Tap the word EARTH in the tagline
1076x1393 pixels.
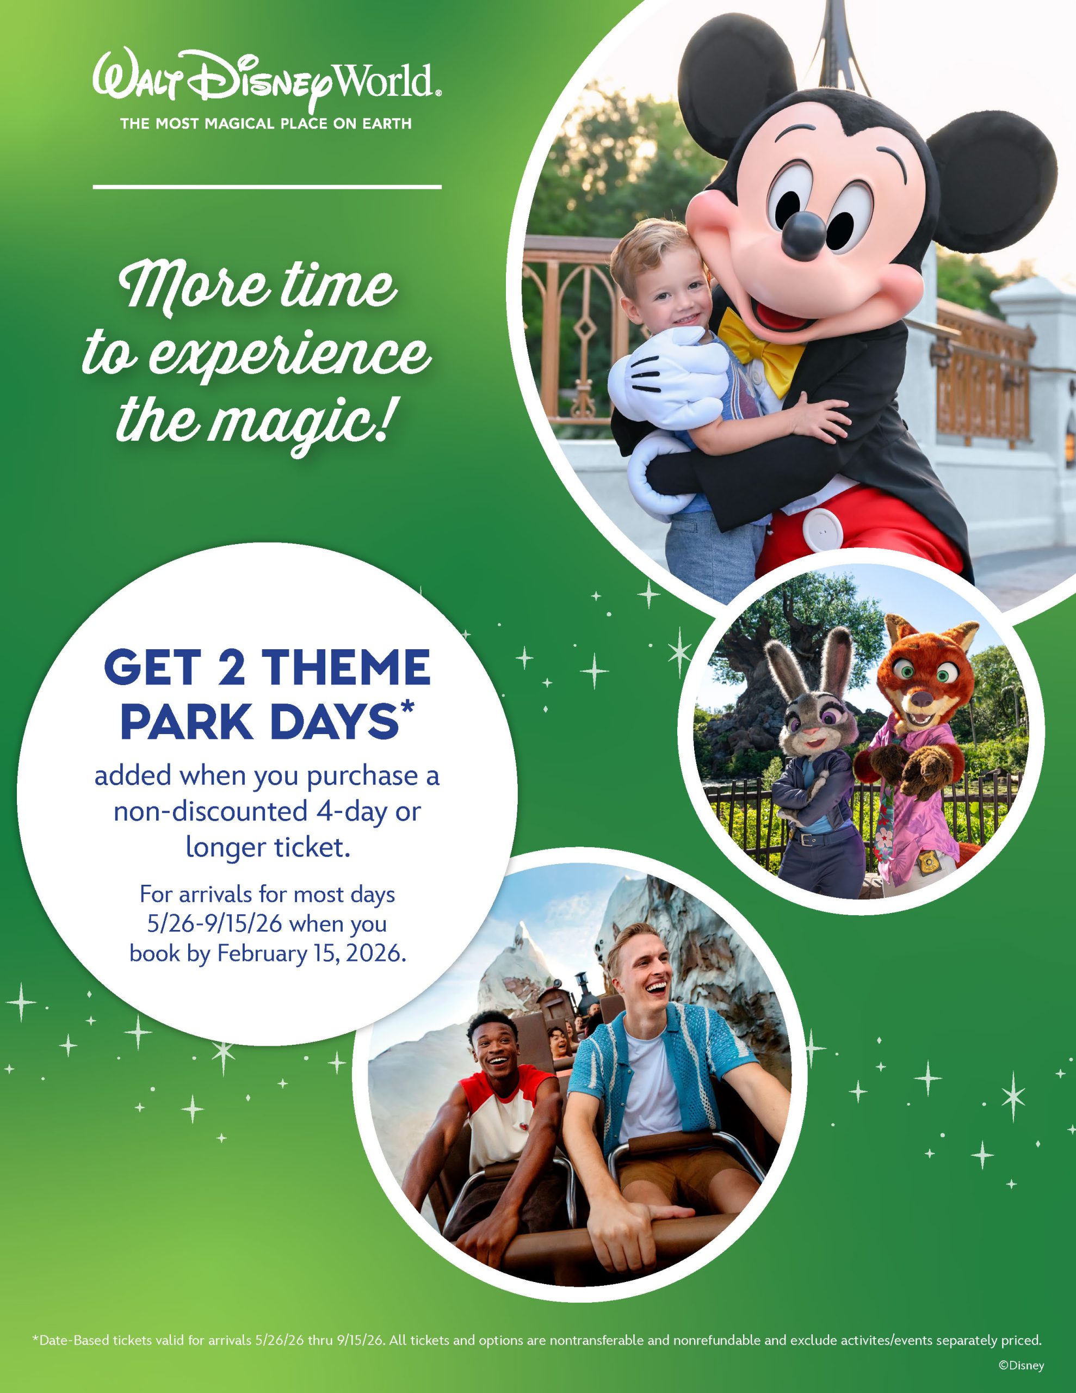tap(387, 124)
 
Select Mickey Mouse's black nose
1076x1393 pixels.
tap(803, 234)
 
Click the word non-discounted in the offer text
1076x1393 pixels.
tap(211, 811)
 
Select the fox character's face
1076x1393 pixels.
tap(924, 686)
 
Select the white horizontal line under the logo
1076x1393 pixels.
tap(267, 187)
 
